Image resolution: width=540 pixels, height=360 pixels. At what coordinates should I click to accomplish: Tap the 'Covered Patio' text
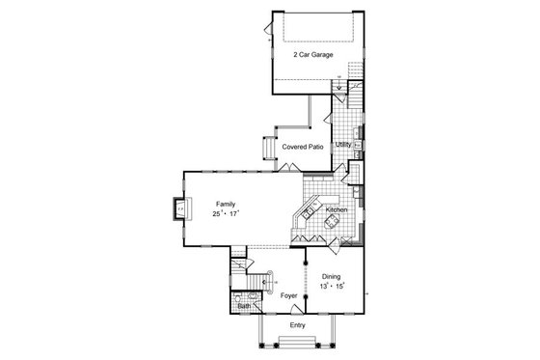click(303, 147)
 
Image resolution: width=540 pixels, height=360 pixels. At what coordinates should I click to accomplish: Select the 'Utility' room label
click(344, 145)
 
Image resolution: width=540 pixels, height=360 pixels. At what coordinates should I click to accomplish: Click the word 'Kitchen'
click(336, 209)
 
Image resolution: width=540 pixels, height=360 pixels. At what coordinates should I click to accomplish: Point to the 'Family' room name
click(226, 205)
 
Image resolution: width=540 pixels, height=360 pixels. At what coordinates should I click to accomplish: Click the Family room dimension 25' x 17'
click(226, 214)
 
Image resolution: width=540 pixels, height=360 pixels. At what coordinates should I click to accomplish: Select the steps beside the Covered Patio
click(269, 149)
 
